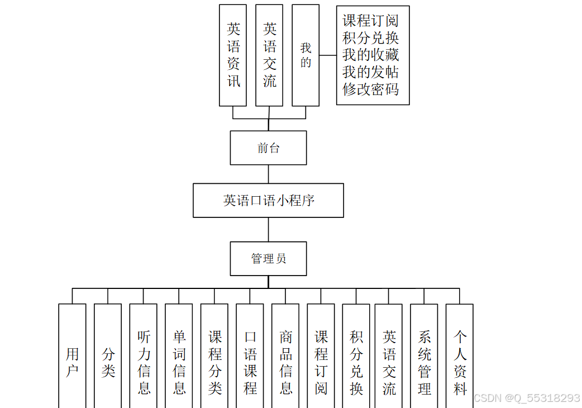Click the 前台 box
(268, 148)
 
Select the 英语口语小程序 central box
(268, 200)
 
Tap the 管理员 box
(268, 259)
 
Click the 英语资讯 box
(233, 55)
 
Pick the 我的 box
(306, 55)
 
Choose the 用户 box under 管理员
(72, 356)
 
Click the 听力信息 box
(144, 356)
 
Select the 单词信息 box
(179, 356)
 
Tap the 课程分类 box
(214, 356)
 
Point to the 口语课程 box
(250, 356)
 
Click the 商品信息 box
(285, 356)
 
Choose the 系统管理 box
(424, 356)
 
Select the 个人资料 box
(460, 356)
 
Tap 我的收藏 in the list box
(371, 55)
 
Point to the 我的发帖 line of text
(371, 72)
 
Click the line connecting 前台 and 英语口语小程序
(268, 174)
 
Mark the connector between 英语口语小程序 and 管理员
(268, 229)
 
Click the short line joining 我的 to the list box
(328, 55)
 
